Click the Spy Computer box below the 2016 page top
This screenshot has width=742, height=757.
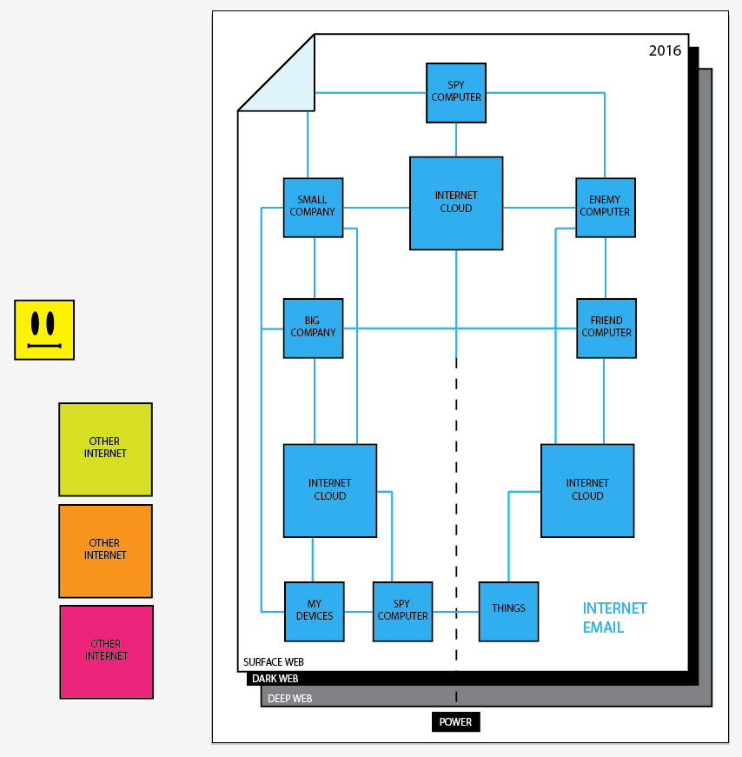456,92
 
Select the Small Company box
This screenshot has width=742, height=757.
313,207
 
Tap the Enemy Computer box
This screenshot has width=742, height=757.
606,207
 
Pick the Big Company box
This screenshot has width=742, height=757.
313,328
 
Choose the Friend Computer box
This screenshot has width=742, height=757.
606,328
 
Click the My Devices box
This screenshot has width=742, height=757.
315,611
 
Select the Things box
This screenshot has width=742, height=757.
508,611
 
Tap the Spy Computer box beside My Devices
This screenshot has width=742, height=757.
402,611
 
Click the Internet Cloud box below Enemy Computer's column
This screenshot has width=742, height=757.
587,490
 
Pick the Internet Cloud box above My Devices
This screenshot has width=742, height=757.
330,490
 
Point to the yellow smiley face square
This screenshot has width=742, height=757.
44,329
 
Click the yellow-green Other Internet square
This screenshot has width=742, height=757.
105,448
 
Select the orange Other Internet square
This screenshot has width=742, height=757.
105,550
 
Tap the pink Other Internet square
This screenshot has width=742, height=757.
106,651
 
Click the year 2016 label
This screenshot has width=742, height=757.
665,51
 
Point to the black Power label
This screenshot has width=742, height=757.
455,721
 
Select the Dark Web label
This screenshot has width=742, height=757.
275,679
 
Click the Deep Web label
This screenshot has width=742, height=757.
289,698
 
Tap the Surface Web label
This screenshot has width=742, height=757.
273,662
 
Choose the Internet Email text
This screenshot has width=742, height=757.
614,618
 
